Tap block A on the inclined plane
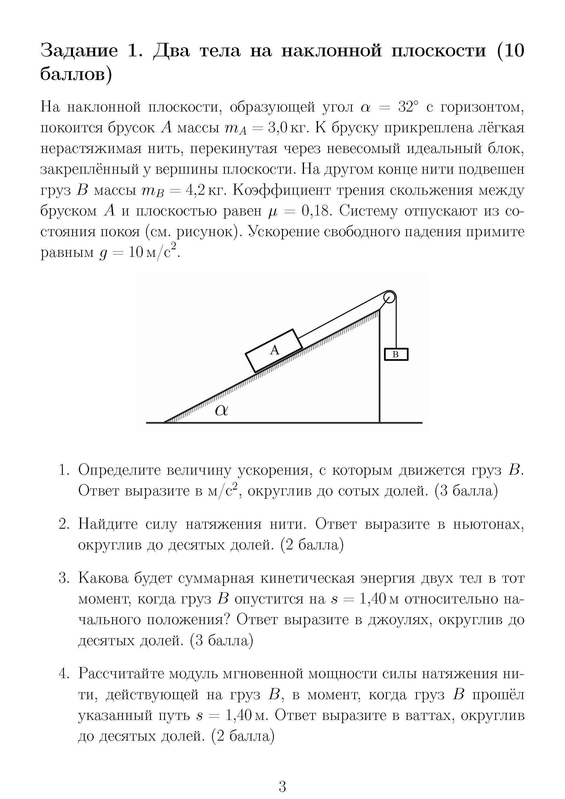click(x=274, y=350)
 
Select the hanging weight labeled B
click(x=396, y=354)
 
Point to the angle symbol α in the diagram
click(x=221, y=411)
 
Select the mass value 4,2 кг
click(x=206, y=190)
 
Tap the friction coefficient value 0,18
click(x=316, y=211)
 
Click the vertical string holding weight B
click(x=396, y=324)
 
